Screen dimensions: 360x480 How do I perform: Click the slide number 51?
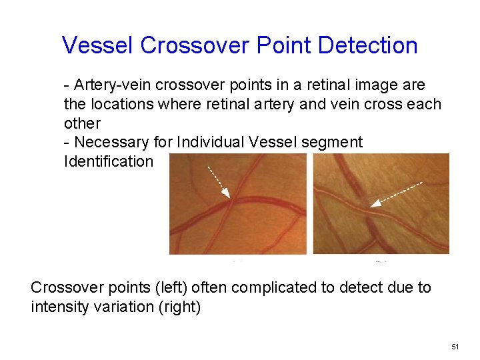455,347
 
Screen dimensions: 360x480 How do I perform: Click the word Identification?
108,161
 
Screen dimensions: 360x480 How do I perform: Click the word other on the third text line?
82,123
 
